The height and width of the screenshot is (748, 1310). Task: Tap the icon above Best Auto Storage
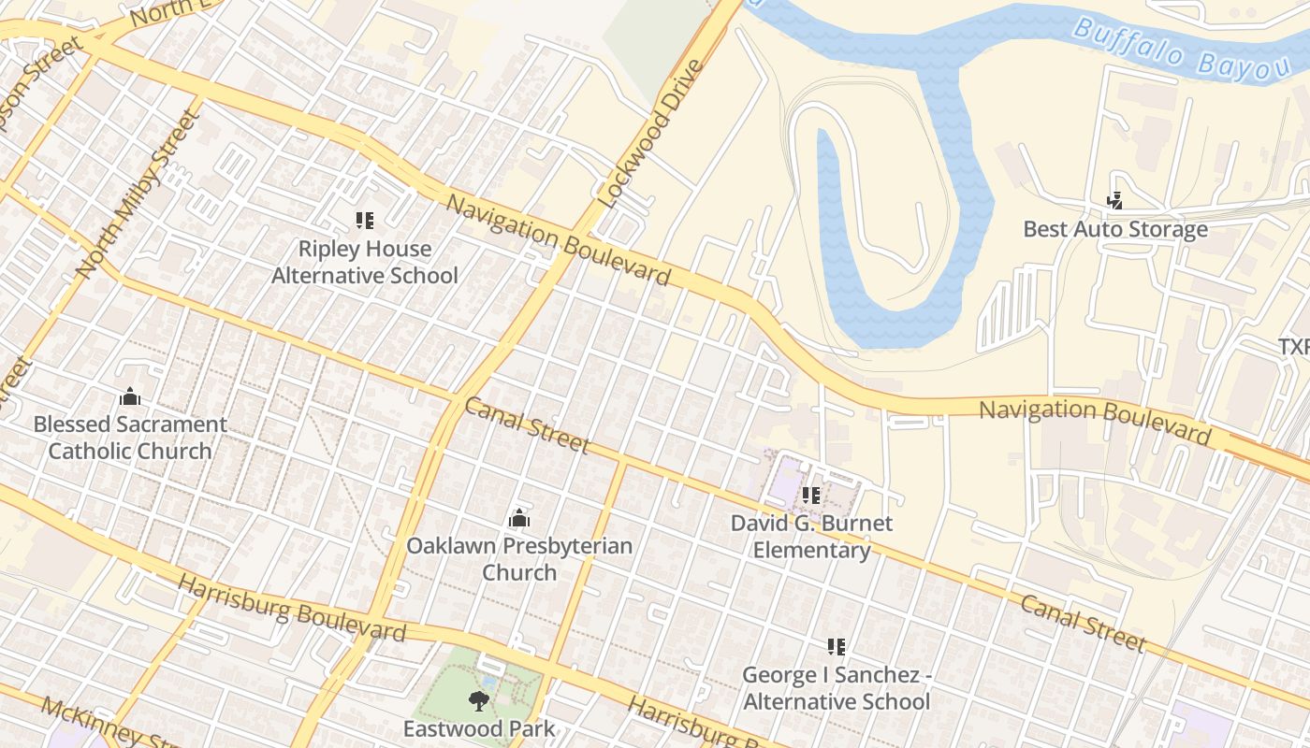(x=1114, y=200)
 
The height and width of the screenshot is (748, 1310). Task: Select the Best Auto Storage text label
(x=1114, y=229)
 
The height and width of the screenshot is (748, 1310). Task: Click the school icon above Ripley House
(x=365, y=221)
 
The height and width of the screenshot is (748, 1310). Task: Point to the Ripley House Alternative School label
(x=365, y=263)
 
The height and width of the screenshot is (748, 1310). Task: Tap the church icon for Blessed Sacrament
(x=130, y=396)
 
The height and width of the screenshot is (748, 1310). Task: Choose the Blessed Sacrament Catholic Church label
(x=130, y=438)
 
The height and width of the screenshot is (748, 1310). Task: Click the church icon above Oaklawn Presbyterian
(x=519, y=518)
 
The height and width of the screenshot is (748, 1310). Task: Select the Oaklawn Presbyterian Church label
(x=519, y=559)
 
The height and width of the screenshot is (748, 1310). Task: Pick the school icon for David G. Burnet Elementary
(x=810, y=496)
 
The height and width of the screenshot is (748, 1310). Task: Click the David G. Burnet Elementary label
(x=811, y=536)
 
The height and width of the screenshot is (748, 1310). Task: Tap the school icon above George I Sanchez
(x=836, y=646)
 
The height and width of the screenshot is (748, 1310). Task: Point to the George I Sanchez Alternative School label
(x=836, y=688)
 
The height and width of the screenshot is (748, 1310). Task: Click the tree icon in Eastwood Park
(x=479, y=700)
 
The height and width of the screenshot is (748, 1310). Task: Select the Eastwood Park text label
(x=479, y=728)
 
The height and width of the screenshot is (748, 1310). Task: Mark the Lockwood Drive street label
(x=649, y=134)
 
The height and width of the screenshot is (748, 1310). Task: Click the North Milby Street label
(x=138, y=194)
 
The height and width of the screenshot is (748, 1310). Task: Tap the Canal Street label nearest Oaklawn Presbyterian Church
(x=527, y=425)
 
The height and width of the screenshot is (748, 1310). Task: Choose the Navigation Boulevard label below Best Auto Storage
(x=1095, y=420)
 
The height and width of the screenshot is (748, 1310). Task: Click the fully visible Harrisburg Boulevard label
(x=292, y=609)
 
